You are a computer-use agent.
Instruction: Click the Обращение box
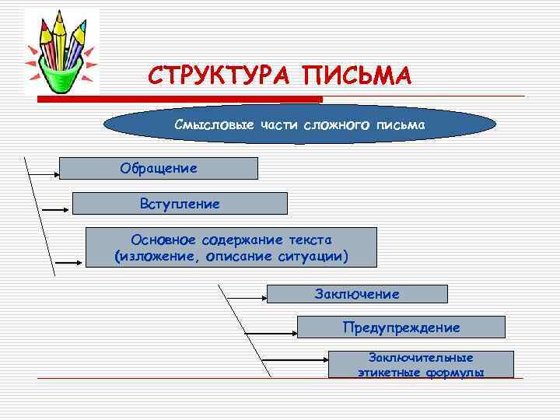158,168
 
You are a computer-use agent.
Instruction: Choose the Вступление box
179,204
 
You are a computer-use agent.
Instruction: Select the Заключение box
357,293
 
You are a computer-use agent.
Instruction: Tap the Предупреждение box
401,327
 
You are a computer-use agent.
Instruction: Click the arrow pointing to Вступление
56,209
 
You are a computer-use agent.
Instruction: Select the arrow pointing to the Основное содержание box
68,262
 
